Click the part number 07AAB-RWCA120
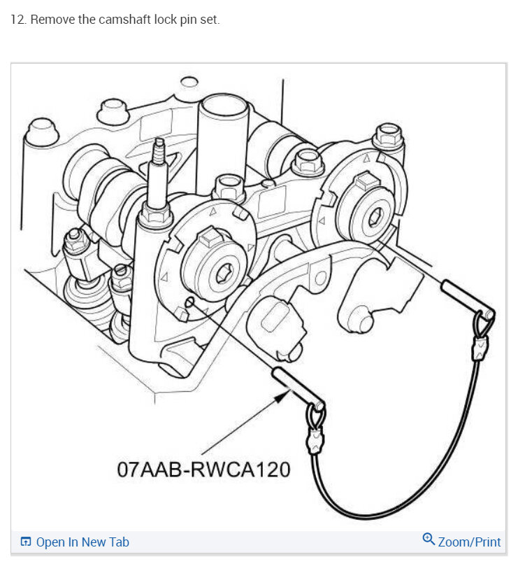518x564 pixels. [x=203, y=468]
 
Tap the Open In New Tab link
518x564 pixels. [x=82, y=542]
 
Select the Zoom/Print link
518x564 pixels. [x=469, y=542]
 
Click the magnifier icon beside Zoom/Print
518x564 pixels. [x=429, y=540]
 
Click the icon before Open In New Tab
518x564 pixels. [x=26, y=542]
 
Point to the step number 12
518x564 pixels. [x=17, y=20]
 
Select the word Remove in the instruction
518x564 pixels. [x=50, y=20]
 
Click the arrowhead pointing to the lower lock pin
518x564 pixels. [x=282, y=397]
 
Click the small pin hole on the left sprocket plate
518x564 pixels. [x=190, y=302]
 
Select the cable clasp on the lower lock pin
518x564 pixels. [x=315, y=441]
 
